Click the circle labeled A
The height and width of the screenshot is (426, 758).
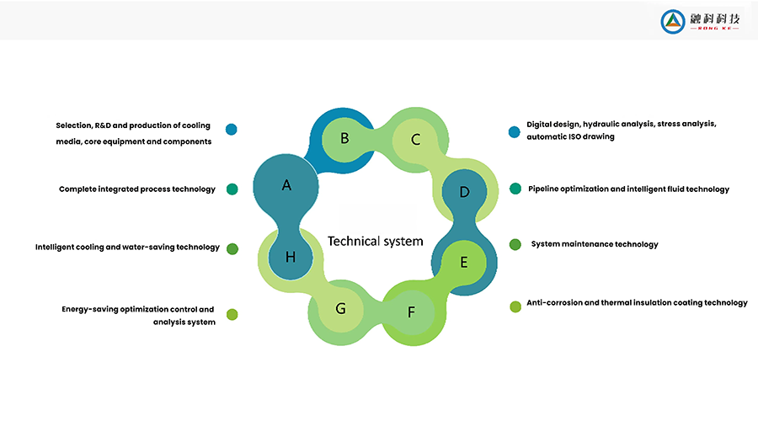(286, 185)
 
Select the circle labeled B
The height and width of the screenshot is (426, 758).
(344, 137)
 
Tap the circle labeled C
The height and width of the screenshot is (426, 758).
(415, 140)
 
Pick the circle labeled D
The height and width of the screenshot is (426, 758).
(464, 192)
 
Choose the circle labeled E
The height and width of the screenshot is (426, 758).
(463, 262)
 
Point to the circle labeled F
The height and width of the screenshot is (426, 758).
(411, 312)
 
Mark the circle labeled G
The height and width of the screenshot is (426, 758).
(340, 308)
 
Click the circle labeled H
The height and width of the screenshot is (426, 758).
(291, 257)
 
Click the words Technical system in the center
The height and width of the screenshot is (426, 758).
(375, 242)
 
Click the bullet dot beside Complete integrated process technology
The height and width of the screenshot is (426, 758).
(232, 189)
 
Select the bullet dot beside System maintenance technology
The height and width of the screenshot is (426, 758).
(515, 245)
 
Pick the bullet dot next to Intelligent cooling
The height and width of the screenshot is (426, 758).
(232, 248)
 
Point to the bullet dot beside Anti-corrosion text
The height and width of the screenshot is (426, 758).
(515, 306)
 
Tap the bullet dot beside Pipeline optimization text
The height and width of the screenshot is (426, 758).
(515, 189)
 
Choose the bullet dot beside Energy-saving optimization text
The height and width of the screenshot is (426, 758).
(232, 314)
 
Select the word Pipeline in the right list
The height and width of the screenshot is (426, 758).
(545, 189)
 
